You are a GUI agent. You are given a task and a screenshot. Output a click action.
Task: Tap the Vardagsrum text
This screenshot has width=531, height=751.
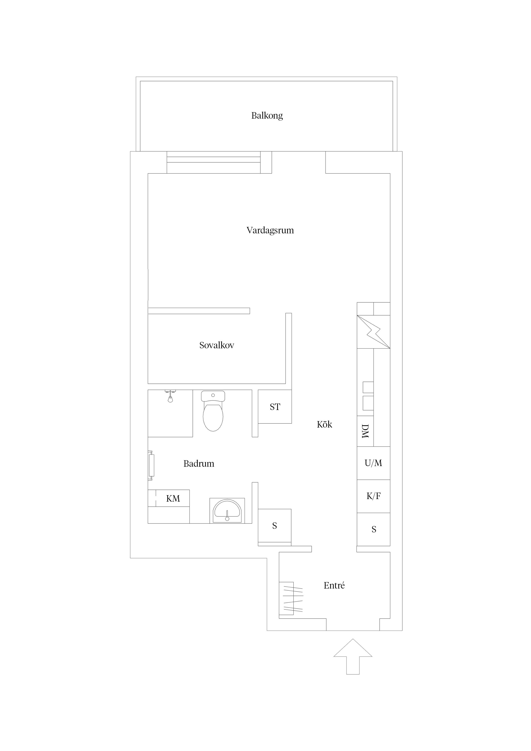(270, 230)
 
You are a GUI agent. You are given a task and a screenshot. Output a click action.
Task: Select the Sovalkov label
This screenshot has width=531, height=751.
(217, 345)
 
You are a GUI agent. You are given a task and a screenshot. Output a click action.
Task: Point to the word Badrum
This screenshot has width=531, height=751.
(199, 463)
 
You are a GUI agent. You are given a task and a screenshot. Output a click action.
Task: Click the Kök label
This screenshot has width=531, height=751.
(324, 424)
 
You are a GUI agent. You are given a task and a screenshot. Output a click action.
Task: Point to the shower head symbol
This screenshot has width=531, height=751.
(170, 396)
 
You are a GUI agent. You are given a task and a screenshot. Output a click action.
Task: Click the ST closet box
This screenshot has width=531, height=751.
(275, 407)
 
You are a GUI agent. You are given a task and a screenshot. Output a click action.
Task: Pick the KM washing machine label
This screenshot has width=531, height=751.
(173, 498)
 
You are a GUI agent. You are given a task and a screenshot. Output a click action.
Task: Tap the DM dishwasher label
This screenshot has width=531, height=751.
(365, 431)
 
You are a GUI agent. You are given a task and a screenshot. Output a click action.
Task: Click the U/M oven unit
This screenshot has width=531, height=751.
(373, 463)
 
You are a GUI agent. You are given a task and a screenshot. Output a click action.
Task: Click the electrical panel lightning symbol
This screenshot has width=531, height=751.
(373, 332)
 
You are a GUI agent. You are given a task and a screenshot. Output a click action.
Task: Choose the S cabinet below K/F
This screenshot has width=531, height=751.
(373, 529)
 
